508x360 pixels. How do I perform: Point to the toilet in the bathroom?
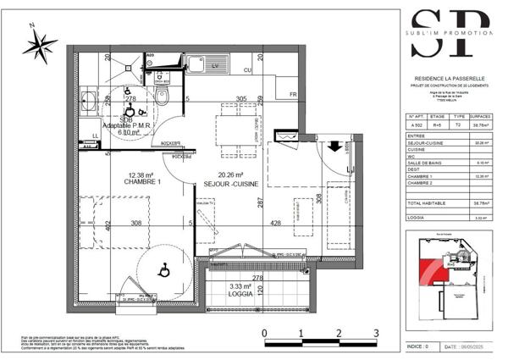pos(168,97)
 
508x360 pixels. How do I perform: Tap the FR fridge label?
pos(293,94)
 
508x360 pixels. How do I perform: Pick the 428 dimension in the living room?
pos(276,224)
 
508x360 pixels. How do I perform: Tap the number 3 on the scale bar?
pos(375,333)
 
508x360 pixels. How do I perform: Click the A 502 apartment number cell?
pos(416,124)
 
